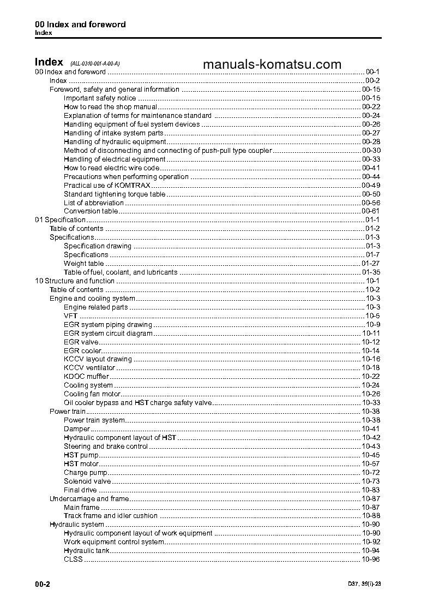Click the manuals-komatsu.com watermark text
[x=272, y=64]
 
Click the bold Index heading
[x=49, y=62]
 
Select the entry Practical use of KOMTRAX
[x=100, y=186]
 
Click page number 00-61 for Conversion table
[x=370, y=211]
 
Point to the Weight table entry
[x=83, y=264]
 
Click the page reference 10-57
[x=370, y=464]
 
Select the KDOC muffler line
[x=86, y=377]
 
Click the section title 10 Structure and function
[x=75, y=281]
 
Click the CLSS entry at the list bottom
[x=73, y=560]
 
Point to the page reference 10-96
[x=370, y=560]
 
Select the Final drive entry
[x=80, y=490]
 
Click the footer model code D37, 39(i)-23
[x=364, y=584]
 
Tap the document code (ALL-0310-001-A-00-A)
[x=95, y=63]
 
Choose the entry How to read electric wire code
[x=111, y=168]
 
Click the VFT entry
[x=70, y=316]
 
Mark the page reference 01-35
[x=370, y=272]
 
